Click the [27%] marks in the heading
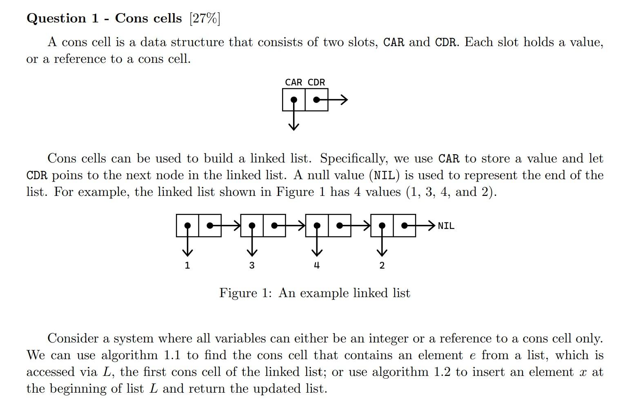coord(205,18)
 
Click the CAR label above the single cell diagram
coord(294,82)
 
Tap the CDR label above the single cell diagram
coord(316,82)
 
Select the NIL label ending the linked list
coord(446,226)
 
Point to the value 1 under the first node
coord(187,265)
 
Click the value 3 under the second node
coord(252,265)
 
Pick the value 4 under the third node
coord(317,265)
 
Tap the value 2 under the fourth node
coord(382,265)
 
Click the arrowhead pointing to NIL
coord(431,225)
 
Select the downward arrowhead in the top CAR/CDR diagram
coord(294,127)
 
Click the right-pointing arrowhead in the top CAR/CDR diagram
coord(344,100)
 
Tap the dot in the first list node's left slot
coord(187,225)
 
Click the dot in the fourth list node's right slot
coord(405,225)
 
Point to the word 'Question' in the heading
coord(56,18)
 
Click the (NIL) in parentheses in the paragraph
coord(384,176)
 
